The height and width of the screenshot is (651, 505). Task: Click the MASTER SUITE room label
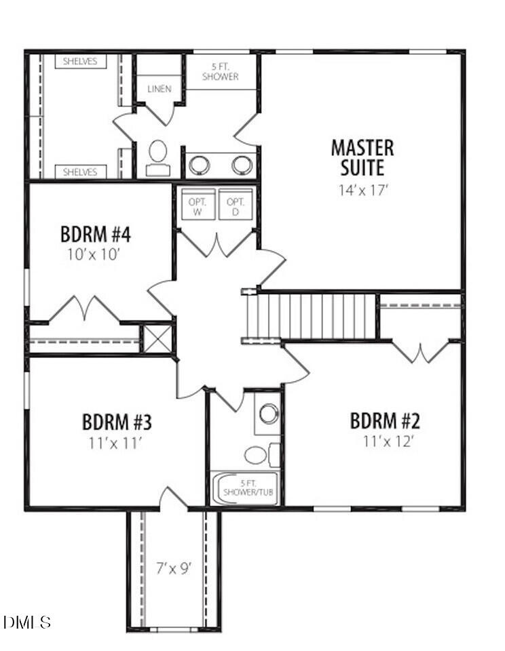(x=362, y=157)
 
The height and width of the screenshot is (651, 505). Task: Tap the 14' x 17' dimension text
(x=362, y=191)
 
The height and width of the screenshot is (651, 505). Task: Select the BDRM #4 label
(x=96, y=235)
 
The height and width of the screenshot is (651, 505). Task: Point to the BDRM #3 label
(x=117, y=422)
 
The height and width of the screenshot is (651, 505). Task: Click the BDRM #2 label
(x=385, y=421)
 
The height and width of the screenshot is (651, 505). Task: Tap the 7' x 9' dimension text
(x=174, y=569)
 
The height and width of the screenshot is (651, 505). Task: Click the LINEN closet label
(x=160, y=89)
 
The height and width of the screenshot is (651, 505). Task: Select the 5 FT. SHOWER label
(x=221, y=72)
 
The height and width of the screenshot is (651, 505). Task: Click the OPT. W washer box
(x=198, y=204)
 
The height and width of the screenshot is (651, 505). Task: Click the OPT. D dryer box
(x=236, y=204)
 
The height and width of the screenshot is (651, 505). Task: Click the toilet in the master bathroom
(x=158, y=156)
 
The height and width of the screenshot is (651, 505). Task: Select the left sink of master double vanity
(x=200, y=165)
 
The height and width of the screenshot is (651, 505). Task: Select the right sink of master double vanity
(x=242, y=165)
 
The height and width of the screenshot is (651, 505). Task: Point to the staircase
(x=312, y=315)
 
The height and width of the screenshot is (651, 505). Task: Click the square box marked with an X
(x=157, y=339)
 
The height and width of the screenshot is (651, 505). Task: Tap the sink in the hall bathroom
(x=269, y=413)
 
